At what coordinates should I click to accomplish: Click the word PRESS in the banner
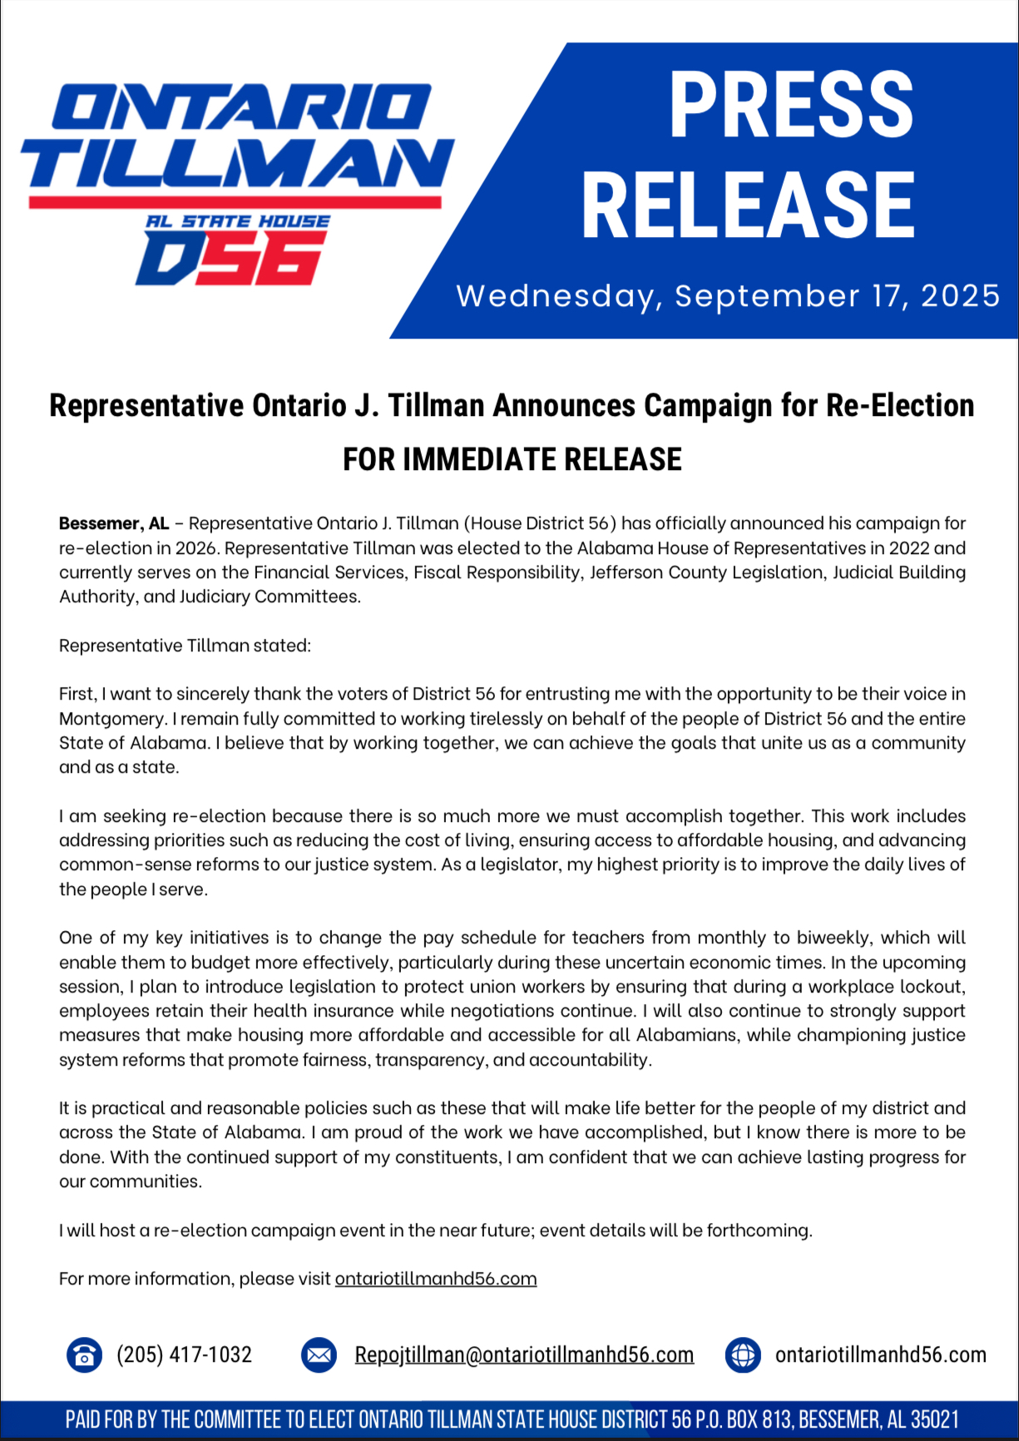click(x=790, y=105)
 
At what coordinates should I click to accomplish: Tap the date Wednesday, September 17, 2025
click(x=728, y=296)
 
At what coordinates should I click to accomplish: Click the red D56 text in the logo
click(x=230, y=259)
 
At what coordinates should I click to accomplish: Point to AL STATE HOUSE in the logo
click(x=238, y=221)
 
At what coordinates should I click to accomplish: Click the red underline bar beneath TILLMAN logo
click(x=235, y=201)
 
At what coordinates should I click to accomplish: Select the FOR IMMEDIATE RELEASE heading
click(x=512, y=459)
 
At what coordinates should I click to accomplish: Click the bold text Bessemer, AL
click(x=114, y=523)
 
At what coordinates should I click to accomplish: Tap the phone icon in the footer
click(x=84, y=1354)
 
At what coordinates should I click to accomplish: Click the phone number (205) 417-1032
click(x=184, y=1354)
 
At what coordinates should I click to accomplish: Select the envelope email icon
click(x=319, y=1354)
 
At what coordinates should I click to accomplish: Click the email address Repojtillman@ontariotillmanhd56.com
click(x=524, y=1354)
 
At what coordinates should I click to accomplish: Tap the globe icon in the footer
click(x=743, y=1354)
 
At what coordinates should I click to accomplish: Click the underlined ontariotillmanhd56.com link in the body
click(x=436, y=1278)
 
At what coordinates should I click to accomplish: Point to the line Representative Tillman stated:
click(x=185, y=646)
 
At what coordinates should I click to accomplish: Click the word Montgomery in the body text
click(x=111, y=719)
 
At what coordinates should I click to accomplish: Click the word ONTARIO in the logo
click(x=241, y=106)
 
